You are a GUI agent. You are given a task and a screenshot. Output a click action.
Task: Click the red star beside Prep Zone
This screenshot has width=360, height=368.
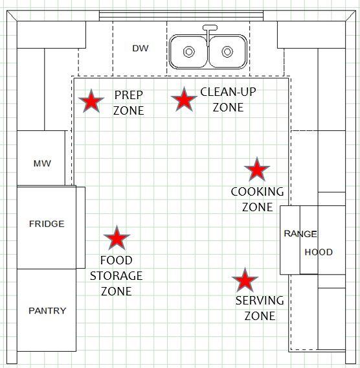coord(91,101)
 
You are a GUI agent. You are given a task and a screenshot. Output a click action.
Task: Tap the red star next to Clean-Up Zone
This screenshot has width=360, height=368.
coord(184,99)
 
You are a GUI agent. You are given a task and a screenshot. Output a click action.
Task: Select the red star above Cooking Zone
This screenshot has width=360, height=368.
coord(257,169)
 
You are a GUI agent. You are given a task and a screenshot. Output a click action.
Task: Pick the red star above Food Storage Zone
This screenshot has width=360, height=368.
coord(117,238)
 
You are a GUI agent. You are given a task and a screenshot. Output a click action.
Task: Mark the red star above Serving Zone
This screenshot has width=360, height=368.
coord(245,280)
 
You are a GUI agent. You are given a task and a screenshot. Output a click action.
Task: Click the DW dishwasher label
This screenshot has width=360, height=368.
coord(141,49)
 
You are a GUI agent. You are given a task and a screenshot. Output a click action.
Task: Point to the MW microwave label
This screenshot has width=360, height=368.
coord(42,163)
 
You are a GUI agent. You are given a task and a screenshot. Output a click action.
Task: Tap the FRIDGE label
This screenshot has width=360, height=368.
coord(47,224)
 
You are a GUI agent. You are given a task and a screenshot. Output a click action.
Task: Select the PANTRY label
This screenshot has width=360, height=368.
coord(47,311)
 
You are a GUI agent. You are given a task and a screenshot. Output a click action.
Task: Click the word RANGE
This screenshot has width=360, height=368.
coord(300,234)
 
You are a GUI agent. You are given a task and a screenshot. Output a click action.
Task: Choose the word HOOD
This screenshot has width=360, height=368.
coord(319,252)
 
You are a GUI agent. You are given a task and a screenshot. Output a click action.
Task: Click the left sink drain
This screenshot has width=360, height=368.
coord(189,52)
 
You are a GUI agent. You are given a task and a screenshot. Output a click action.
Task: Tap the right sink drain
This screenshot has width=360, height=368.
coord(227,52)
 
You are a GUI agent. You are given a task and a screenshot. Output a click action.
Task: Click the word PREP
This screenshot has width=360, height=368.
coord(128,95)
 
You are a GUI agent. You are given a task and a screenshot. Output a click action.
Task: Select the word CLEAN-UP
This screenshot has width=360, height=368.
coord(228,92)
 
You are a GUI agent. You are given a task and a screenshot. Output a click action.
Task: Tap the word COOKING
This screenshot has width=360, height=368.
coord(257,192)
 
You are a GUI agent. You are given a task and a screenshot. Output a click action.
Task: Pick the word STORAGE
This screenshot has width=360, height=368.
coord(117,276)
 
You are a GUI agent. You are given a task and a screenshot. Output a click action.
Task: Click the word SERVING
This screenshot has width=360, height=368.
coord(260,301)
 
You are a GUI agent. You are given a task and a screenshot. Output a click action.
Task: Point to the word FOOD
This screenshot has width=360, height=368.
coord(117,260)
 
